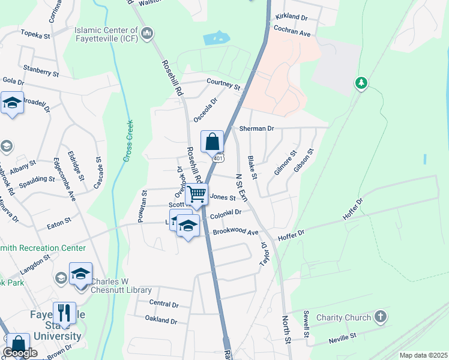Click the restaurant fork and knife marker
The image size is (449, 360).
click(x=64, y=313)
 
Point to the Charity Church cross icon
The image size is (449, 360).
click(x=380, y=316)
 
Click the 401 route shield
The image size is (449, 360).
click(x=218, y=157)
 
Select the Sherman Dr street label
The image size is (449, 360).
click(x=256, y=128)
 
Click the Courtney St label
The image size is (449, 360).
click(x=223, y=84)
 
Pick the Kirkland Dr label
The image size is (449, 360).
click(x=291, y=17)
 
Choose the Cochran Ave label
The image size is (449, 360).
click(x=292, y=31)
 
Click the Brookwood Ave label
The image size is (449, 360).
click(x=235, y=233)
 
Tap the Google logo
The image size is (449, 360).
click(x=20, y=353)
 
